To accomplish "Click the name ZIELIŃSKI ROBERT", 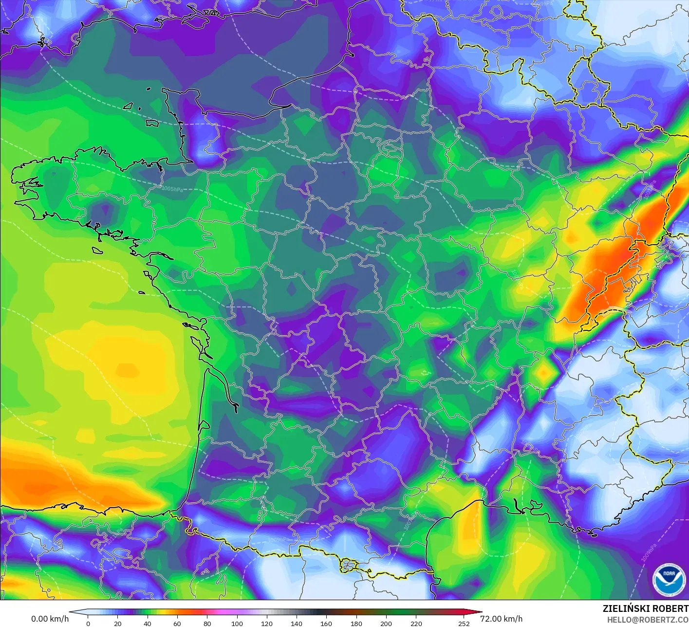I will (x=645, y=608).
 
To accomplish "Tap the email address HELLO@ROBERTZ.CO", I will (x=648, y=620).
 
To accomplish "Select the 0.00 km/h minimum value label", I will (x=50, y=619).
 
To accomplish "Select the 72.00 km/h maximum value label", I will (x=502, y=619).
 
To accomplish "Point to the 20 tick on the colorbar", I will (x=117, y=623).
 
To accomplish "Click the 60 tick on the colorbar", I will (x=177, y=623).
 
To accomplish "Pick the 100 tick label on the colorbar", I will (x=237, y=623).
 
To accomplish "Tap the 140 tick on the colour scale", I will (x=297, y=623).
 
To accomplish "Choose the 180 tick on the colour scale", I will (x=356, y=623).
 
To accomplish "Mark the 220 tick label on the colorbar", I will (x=416, y=623).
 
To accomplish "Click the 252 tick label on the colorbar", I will (x=464, y=623).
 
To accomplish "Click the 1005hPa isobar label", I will (x=172, y=189).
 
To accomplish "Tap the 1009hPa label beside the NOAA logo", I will (x=650, y=552).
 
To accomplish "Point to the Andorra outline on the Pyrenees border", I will (x=348, y=566).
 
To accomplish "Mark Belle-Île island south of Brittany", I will (x=97, y=250).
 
